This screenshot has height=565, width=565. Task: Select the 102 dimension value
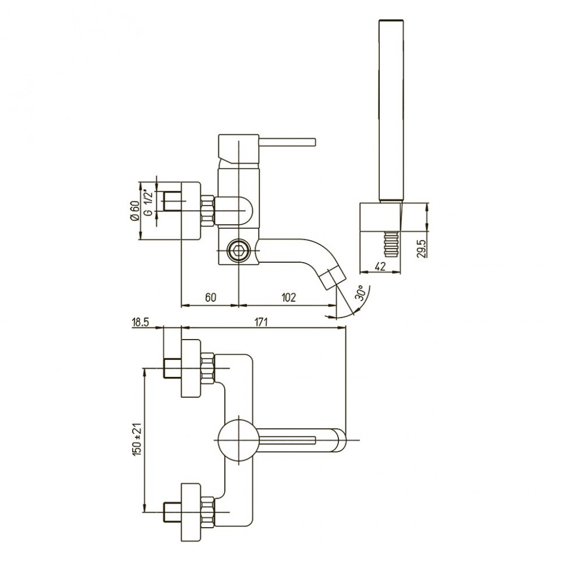click(288, 297)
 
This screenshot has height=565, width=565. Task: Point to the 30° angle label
click(362, 292)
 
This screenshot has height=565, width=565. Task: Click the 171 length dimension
click(262, 322)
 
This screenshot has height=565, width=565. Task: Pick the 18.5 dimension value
click(140, 322)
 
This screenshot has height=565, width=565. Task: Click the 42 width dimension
click(380, 266)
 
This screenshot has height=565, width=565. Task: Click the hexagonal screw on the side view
click(238, 250)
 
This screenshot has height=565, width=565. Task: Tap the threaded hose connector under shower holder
click(391, 245)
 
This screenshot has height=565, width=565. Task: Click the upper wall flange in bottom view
click(190, 368)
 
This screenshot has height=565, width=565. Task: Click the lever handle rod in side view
click(287, 142)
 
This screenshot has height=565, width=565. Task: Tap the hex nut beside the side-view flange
click(208, 211)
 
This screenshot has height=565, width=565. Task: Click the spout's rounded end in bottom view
click(340, 440)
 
